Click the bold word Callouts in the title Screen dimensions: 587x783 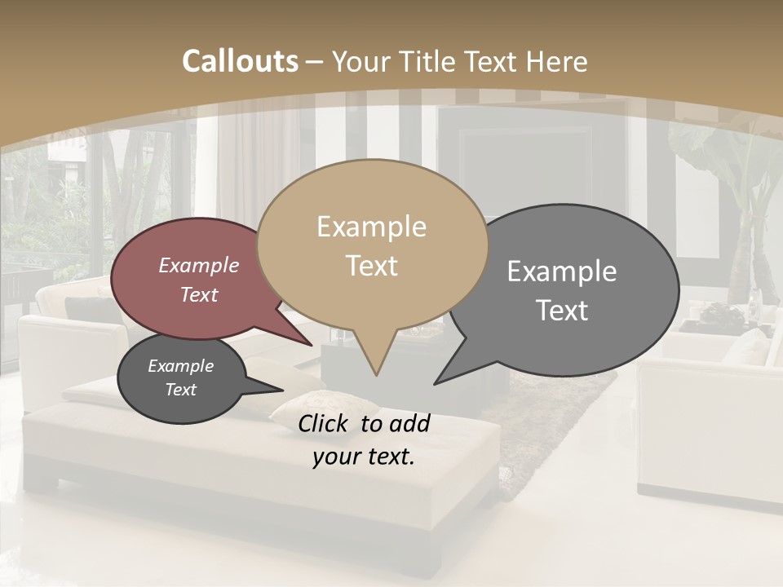240,61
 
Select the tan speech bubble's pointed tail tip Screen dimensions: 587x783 375,375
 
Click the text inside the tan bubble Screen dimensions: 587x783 372,246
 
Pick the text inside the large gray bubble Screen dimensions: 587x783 562,290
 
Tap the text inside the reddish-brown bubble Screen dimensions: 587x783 199,280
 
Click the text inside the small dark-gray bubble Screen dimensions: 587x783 181,377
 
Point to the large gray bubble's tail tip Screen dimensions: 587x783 435,383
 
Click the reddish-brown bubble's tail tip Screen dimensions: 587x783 312,345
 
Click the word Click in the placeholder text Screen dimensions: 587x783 325,423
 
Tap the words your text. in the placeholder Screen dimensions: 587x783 364,457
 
